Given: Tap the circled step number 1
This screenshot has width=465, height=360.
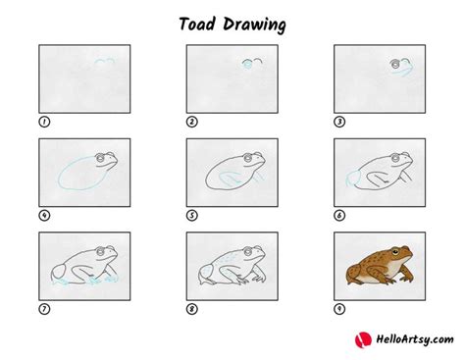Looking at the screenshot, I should (43, 122).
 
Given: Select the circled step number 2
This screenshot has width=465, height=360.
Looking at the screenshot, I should (191, 122).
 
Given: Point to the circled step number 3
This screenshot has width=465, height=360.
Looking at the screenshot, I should (339, 122).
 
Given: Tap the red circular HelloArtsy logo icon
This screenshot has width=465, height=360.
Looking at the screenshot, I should (362, 339).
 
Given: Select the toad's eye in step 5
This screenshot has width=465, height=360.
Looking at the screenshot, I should (247, 158).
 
